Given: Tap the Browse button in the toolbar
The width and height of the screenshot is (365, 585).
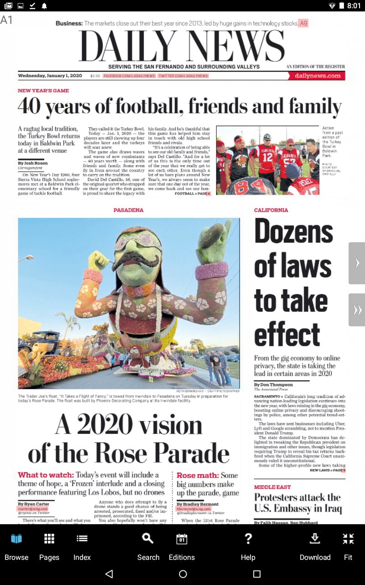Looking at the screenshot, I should tap(16, 546).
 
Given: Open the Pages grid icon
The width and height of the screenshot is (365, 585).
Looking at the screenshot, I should tap(49, 546).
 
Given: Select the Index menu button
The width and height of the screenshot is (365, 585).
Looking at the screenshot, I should tap(82, 546).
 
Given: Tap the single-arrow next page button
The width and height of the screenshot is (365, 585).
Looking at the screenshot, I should tap(357, 263).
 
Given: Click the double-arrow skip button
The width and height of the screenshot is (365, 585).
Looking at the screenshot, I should tap(357, 310).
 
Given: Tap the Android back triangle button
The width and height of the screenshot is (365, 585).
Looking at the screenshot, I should tap(109, 574).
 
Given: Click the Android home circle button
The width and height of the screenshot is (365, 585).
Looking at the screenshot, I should tap(183, 574).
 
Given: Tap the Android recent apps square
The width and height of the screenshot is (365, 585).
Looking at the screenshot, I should tap(256, 574).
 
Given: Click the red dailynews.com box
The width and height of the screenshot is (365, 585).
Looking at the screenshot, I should tap(318, 76).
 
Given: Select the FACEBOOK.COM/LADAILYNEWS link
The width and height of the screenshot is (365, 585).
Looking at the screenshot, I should tap(129, 76).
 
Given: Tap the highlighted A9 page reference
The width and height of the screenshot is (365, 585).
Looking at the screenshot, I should tap(303, 23).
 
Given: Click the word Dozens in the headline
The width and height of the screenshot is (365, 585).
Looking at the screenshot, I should tap(293, 232).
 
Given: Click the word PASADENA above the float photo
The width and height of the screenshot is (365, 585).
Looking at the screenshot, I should tap(128, 210).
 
